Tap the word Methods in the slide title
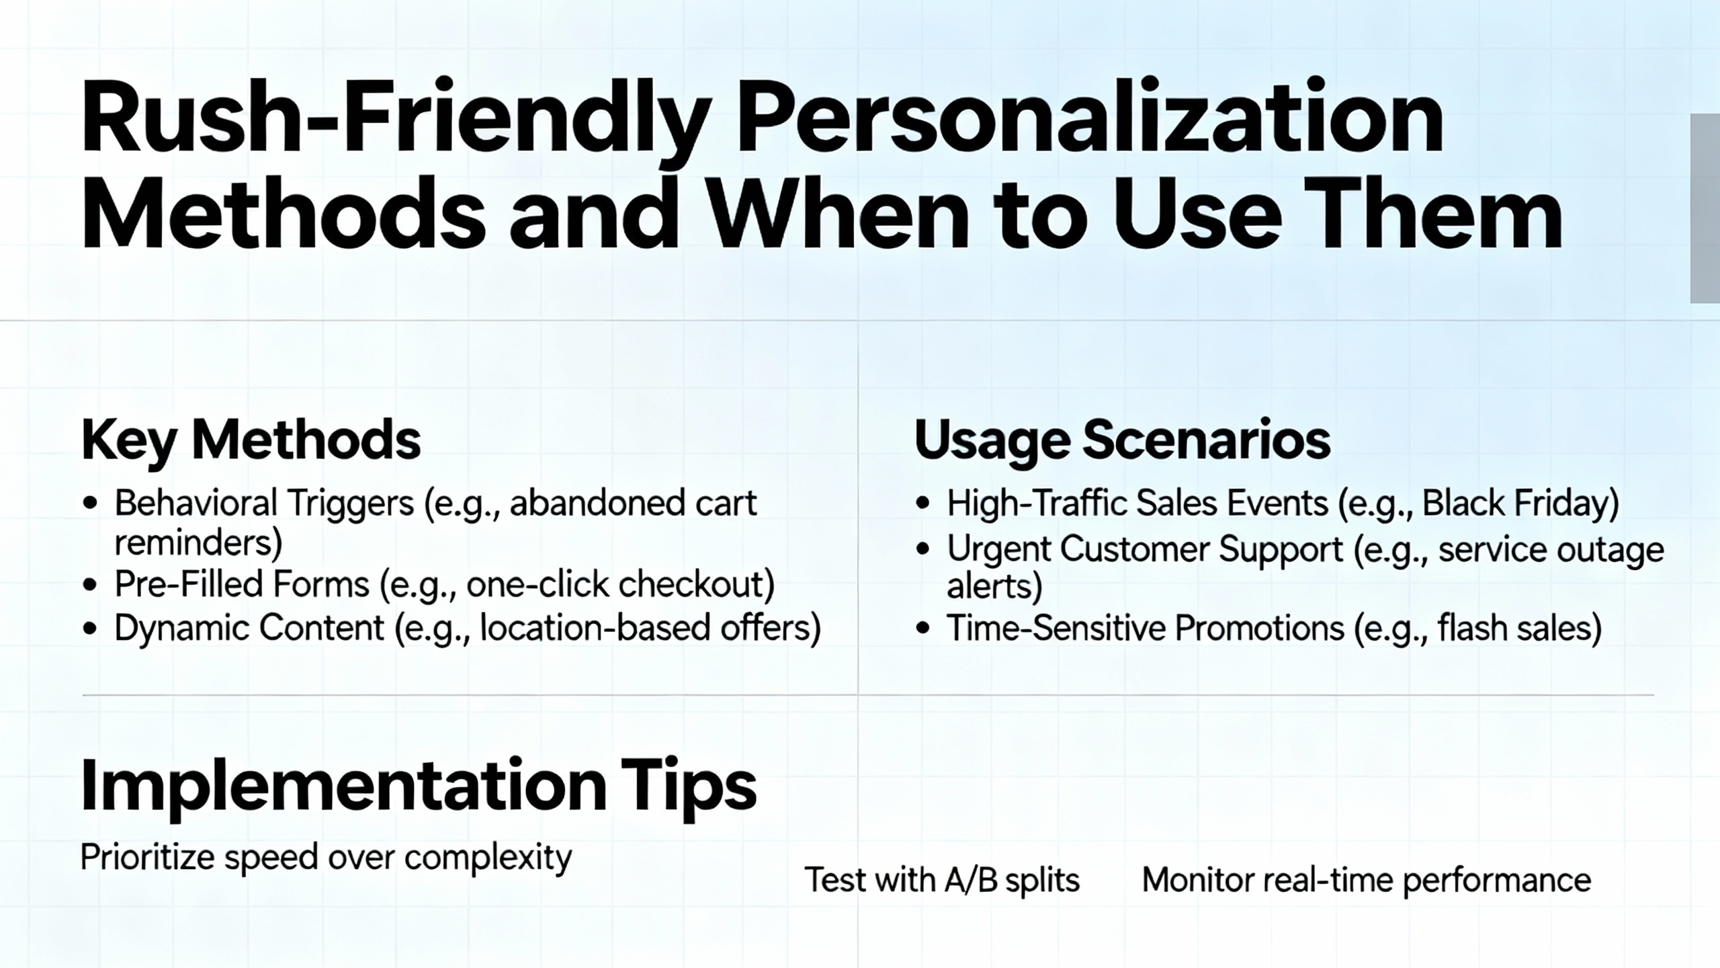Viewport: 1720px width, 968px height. [283, 214]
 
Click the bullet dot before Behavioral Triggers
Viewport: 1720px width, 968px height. [91, 503]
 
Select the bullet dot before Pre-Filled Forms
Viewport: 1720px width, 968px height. [91, 584]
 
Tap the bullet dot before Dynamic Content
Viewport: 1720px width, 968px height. [91, 629]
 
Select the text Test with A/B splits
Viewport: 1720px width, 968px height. [942, 880]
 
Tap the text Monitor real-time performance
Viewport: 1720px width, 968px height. [1367, 880]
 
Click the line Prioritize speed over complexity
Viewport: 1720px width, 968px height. [326, 858]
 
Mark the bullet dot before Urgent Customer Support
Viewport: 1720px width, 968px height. [923, 549]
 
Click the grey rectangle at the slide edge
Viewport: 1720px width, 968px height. [1705, 208]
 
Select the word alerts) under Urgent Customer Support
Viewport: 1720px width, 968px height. [994, 586]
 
